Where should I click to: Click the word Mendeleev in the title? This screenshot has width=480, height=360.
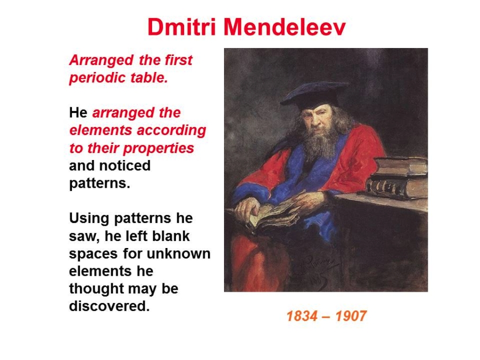285,27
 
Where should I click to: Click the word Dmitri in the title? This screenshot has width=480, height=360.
182,27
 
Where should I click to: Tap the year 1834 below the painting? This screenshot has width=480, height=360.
302,316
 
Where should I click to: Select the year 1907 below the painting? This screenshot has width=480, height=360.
351,316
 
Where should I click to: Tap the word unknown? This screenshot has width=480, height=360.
179,254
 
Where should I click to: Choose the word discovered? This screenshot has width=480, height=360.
109,306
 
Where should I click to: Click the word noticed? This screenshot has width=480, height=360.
129,166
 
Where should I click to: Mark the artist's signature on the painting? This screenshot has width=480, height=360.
315,269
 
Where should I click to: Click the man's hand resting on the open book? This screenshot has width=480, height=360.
247,208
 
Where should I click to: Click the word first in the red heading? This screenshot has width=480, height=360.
179,60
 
